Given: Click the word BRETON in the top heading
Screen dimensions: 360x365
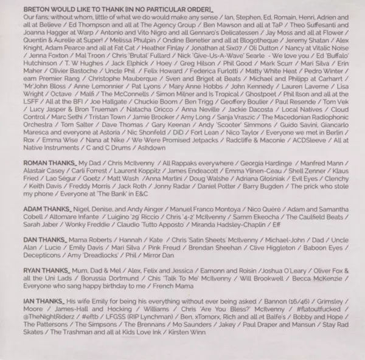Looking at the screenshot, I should click(x=36, y=10).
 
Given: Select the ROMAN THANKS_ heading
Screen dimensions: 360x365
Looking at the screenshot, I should click(x=45, y=164).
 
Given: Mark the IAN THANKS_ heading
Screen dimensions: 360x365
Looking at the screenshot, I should click(x=40, y=317).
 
